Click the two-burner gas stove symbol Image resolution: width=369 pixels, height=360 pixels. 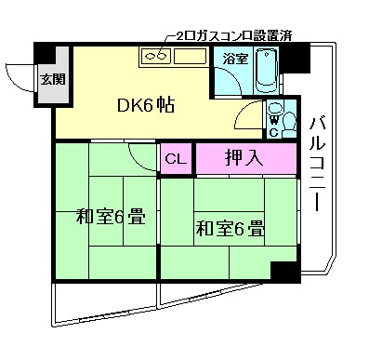pyautogui.click(x=155, y=57)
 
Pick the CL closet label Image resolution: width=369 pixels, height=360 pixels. pyautogui.click(x=175, y=158)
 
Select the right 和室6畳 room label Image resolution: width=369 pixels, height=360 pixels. pyautogui.click(x=230, y=226)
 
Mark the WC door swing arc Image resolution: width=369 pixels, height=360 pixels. pyautogui.click(x=247, y=119)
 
